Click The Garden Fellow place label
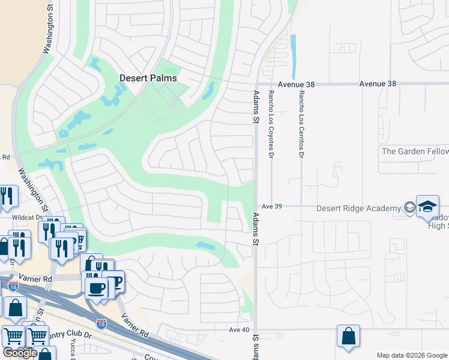click(x=414, y=151)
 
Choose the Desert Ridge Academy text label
click(x=358, y=208)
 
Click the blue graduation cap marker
click(x=428, y=206)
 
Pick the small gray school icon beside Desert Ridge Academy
click(x=409, y=208)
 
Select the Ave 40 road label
click(x=239, y=329)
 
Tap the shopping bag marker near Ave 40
click(x=348, y=337)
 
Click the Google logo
click(x=19, y=353)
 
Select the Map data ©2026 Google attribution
click(x=411, y=355)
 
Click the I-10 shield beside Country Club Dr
click(x=101, y=324)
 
